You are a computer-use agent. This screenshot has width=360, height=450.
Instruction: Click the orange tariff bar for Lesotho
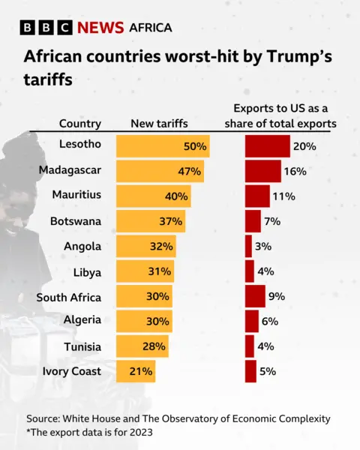tap(162, 146)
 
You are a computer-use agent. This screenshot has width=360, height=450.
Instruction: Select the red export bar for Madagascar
tap(262, 171)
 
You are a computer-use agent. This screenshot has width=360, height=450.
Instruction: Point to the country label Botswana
tap(75, 221)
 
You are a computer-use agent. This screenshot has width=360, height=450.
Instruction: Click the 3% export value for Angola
tap(262, 246)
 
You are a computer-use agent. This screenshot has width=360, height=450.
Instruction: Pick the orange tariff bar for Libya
tap(145, 271)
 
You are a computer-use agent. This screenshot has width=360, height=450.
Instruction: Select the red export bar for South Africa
tap(255, 296)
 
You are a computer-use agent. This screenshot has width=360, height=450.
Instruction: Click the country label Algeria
tap(81, 320)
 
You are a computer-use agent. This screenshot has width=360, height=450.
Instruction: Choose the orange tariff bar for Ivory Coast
tap(136, 371)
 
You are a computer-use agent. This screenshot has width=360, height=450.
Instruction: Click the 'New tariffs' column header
tap(159, 124)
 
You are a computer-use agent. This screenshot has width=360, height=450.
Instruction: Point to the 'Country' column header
tap(80, 124)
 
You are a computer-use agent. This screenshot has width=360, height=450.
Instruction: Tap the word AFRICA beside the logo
tap(151, 28)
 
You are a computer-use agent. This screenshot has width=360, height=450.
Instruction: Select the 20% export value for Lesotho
tap(304, 146)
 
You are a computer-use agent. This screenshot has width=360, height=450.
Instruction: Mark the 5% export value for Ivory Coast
tap(268, 371)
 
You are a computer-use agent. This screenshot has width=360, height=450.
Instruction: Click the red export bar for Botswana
tap(253, 221)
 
